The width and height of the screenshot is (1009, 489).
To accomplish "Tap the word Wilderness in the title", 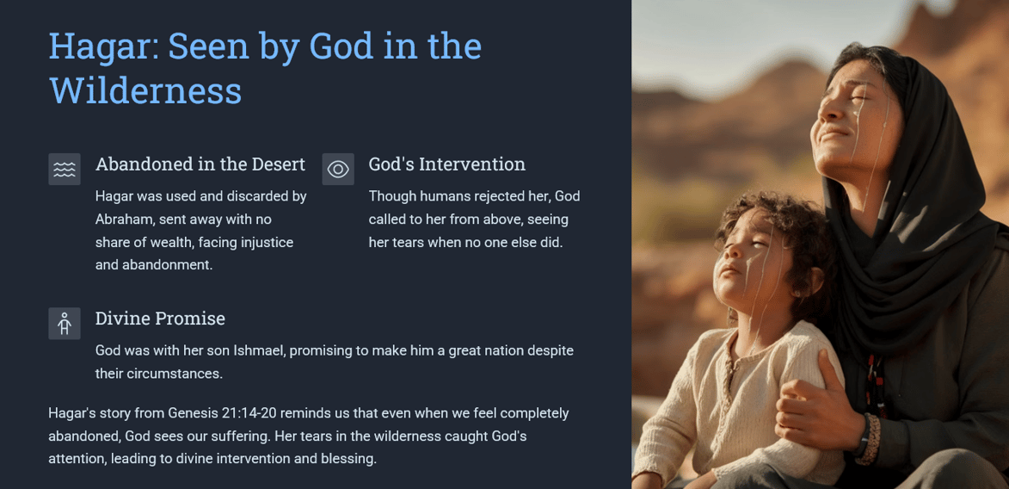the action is pyautogui.click(x=145, y=90).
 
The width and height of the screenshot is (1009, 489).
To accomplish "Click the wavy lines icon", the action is pyautogui.click(x=65, y=169).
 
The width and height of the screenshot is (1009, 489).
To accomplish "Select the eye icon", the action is pyautogui.click(x=338, y=169).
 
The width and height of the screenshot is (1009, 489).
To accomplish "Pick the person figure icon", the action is pyautogui.click(x=65, y=323).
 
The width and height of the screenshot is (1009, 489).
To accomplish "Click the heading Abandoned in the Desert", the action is pyautogui.click(x=200, y=164).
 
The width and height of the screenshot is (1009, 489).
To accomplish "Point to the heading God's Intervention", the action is pyautogui.click(x=446, y=164).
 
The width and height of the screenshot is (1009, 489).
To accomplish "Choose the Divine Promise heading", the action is pyautogui.click(x=160, y=319).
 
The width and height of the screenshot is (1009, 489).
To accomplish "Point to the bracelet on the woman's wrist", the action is pyautogui.click(x=864, y=439).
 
